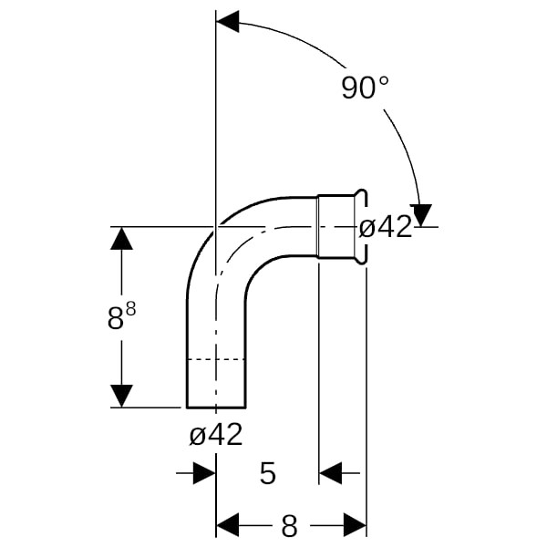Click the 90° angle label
pyautogui.click(x=365, y=88)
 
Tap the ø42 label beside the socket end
pyautogui.click(x=386, y=227)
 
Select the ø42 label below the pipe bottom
pyautogui.click(x=216, y=434)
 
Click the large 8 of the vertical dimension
pyautogui.click(x=116, y=319)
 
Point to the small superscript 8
pyautogui.click(x=130, y=308)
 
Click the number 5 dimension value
pyautogui.click(x=268, y=473)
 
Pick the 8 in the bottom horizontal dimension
pyautogui.click(x=289, y=526)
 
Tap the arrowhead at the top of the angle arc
pyautogui.click(x=227, y=21)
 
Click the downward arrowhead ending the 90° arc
pyautogui.click(x=421, y=215)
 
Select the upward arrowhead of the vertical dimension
pyautogui.click(x=121, y=238)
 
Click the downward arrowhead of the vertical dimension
pyautogui.click(x=121, y=396)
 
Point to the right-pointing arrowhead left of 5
pyautogui.click(x=204, y=473)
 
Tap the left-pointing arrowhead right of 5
pyautogui.click(x=330, y=473)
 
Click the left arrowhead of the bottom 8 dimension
pyautogui.click(x=228, y=525)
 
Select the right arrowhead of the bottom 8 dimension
pyautogui.click(x=356, y=525)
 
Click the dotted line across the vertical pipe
pyautogui.click(x=216, y=359)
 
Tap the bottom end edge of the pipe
pyautogui.click(x=216, y=408)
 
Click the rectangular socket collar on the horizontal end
pyautogui.click(x=335, y=227)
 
